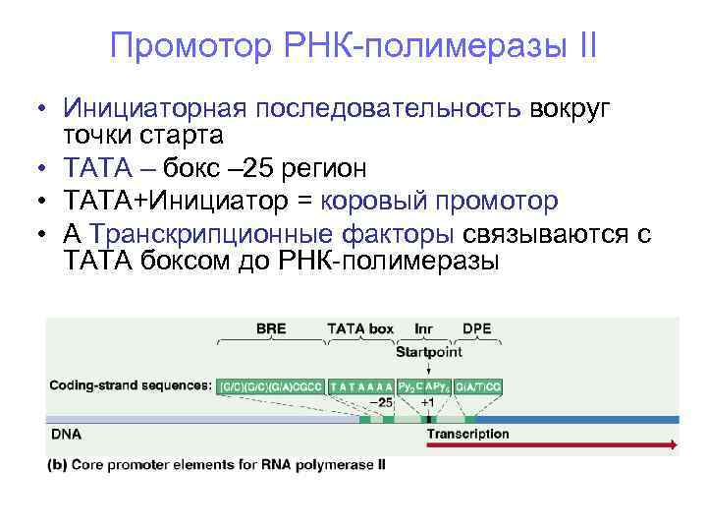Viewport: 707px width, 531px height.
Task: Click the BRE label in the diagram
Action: (x=270, y=329)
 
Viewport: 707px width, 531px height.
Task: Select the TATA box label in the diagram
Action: (x=360, y=329)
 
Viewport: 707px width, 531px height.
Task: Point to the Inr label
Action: (x=424, y=329)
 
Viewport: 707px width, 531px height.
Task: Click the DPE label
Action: (x=478, y=329)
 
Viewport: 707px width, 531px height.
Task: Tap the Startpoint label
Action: (x=429, y=350)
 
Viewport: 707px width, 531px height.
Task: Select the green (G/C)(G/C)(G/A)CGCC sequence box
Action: (x=271, y=386)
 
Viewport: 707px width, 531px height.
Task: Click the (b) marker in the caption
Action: (x=57, y=464)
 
